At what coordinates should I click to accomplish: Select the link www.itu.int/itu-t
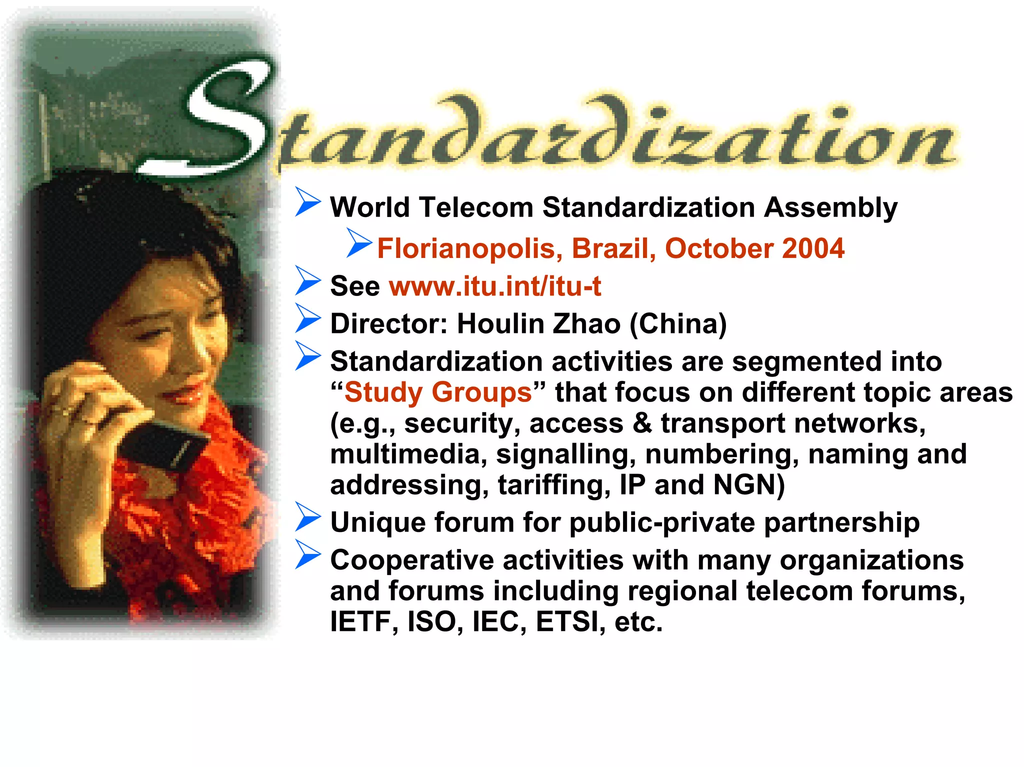tap(495, 286)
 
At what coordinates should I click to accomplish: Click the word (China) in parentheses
tap(678, 324)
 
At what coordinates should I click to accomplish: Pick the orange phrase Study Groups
tap(438, 392)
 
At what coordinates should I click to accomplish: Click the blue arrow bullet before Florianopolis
tap(358, 242)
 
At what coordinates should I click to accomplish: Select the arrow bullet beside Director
tap(307, 318)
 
